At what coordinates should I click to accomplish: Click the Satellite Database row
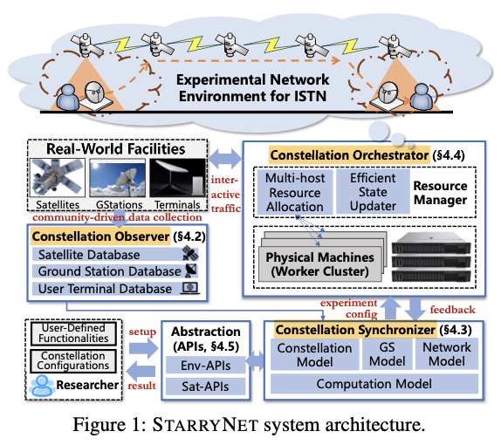coord(115,255)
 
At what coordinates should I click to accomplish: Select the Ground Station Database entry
coord(115,271)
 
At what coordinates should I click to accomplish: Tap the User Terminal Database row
coord(115,289)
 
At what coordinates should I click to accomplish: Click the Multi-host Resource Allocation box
coord(295,192)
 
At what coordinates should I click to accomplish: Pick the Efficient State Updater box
coord(373,192)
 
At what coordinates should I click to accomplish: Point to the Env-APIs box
coord(205,366)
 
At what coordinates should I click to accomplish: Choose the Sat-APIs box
coord(205,387)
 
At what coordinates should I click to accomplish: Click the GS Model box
coord(388,354)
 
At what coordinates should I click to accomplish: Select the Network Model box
coord(447,354)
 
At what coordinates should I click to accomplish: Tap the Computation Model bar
coord(374,384)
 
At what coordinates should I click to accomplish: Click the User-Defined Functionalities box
coord(73,333)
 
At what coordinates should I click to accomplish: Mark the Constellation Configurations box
coord(73,361)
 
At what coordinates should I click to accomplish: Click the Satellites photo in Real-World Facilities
coord(58,178)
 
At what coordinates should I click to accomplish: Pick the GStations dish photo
coord(118,178)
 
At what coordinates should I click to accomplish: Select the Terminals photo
coord(177,178)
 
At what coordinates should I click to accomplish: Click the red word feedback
coord(452,310)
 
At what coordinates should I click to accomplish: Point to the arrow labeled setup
coord(143,348)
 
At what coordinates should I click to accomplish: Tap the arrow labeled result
coord(141,371)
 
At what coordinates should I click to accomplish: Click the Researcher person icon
coord(42,386)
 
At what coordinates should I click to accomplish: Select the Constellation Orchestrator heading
coord(349,155)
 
